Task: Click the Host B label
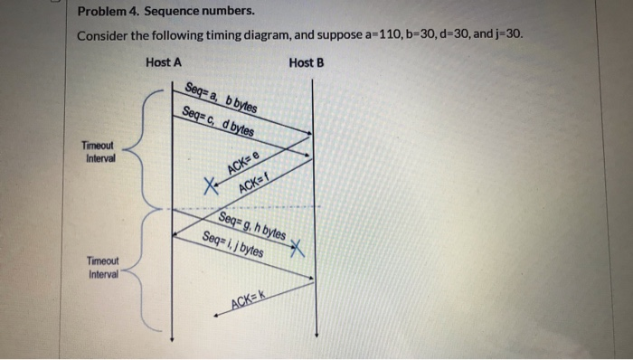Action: tap(307, 62)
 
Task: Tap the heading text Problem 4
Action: tap(105, 14)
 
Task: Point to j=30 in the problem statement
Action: tap(506, 36)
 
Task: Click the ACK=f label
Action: tap(256, 182)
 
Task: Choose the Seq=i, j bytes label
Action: tap(234, 243)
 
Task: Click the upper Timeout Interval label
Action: tap(99, 150)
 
